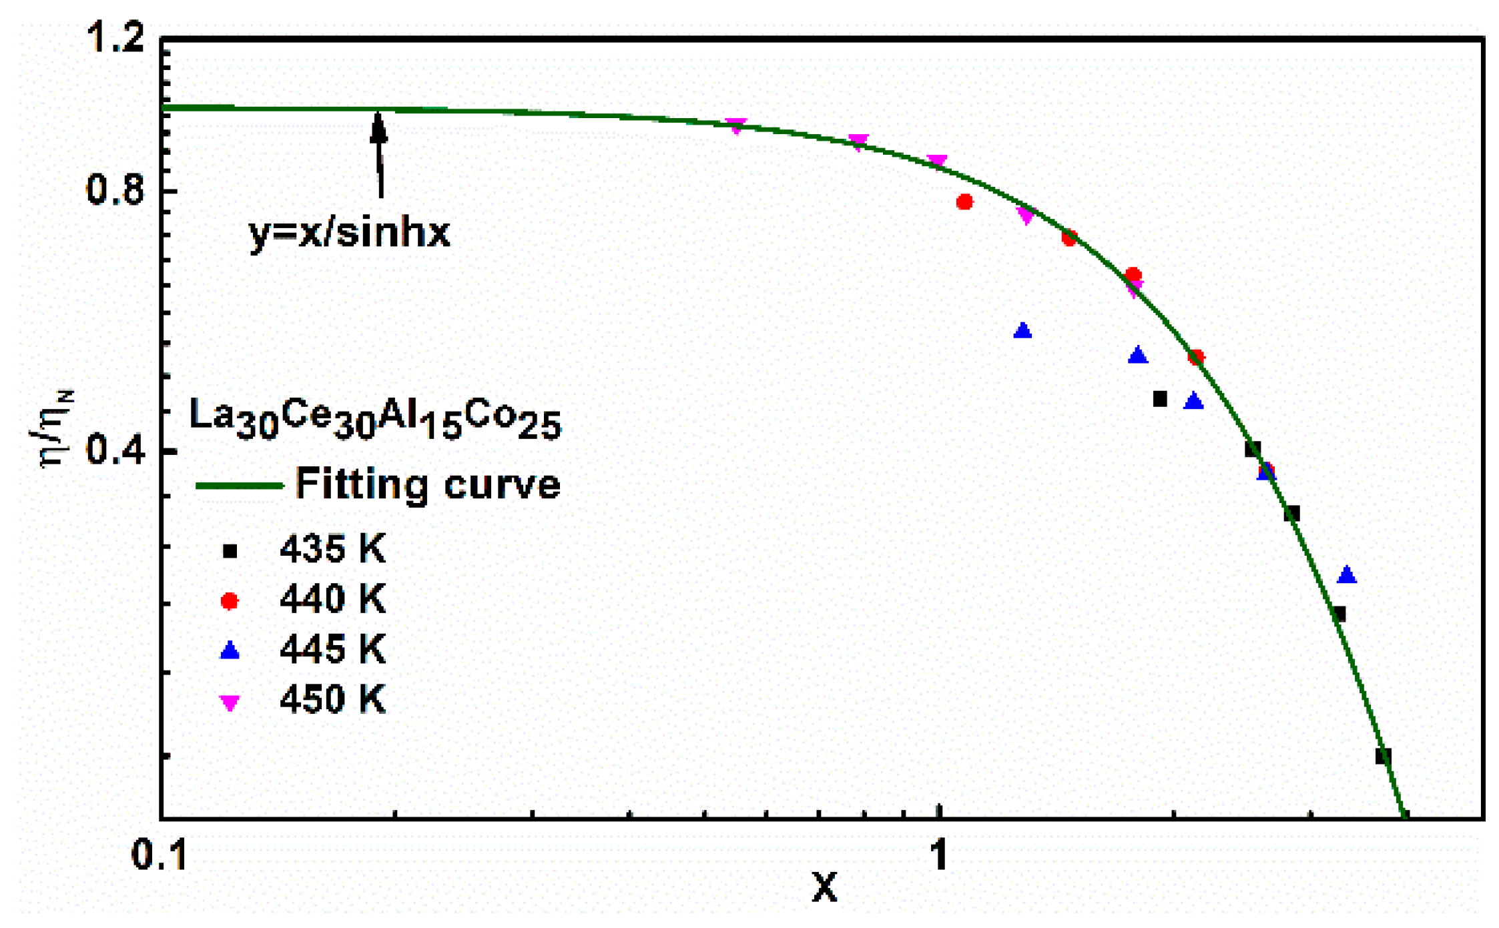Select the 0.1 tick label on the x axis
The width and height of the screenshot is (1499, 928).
coord(160,855)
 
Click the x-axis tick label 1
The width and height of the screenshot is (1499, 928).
coord(939,855)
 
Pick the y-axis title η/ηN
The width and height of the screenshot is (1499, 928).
coord(55,430)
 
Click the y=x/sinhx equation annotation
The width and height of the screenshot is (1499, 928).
coord(350,234)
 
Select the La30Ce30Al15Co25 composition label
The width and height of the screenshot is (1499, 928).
coord(375,419)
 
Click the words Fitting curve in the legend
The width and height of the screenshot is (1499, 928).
coord(428,484)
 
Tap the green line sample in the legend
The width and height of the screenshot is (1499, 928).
coord(239,486)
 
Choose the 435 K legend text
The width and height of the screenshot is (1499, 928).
coord(332,550)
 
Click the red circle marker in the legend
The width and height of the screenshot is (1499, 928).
coord(230,601)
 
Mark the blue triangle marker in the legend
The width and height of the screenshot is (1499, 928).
coord(230,650)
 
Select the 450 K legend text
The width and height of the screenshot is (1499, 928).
coord(332,700)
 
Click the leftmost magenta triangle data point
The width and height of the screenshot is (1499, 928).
coord(735,125)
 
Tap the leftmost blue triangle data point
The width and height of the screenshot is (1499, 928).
coord(1022,331)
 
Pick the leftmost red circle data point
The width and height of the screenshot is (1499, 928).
coord(964,202)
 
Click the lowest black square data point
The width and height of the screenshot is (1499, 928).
coord(1383,756)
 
